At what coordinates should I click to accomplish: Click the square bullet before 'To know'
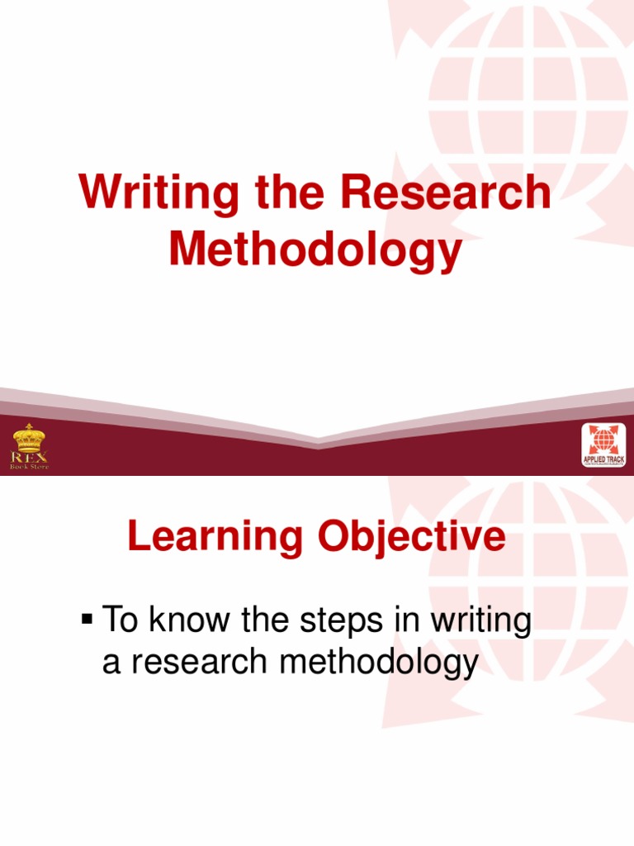coord(87,620)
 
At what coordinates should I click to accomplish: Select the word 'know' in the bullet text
coord(181,620)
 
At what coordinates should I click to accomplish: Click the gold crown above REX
coord(29,436)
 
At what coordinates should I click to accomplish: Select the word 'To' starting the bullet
coord(118,620)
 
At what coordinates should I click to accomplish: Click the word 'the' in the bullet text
coord(258,620)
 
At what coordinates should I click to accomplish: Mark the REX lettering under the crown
coord(29,455)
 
